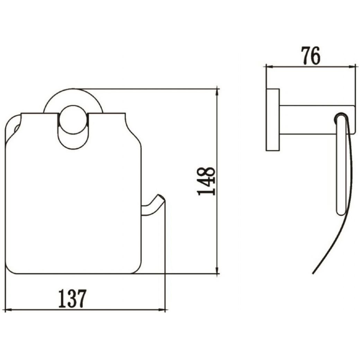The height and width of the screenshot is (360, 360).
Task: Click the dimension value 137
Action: tap(72, 298)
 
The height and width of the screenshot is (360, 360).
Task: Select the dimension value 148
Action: tap(206, 181)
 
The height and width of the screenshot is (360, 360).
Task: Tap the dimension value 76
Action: tap(310, 56)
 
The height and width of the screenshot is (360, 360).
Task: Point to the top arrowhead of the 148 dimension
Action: tap(217, 92)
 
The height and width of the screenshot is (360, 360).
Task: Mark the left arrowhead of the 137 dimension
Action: tap(9, 310)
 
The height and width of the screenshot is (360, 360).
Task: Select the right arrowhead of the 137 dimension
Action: tap(161, 310)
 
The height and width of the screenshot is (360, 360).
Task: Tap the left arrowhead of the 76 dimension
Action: tap(270, 67)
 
